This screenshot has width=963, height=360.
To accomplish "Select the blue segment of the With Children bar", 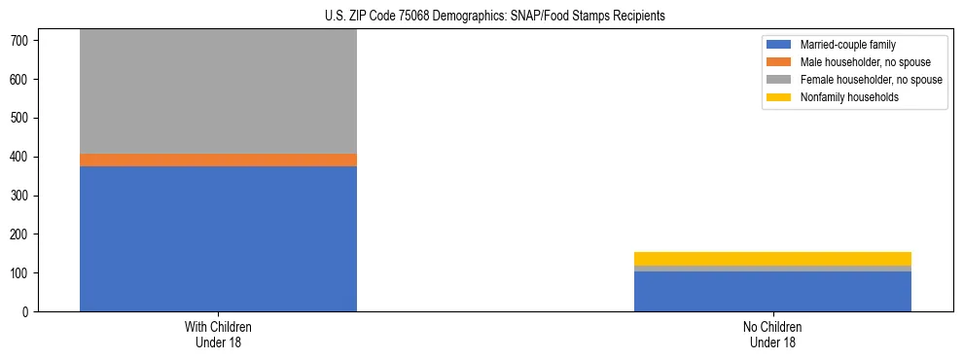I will tap(218, 238).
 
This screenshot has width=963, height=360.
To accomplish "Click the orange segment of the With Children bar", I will tap(218, 160).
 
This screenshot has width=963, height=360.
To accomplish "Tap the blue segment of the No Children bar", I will tap(772, 292).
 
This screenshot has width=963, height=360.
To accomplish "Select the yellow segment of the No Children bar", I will tap(772, 259).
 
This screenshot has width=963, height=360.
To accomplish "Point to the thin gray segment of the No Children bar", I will tap(772, 269).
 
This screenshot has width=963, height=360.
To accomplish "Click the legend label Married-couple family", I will tap(847, 45).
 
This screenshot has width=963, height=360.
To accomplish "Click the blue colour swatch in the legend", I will tap(779, 45).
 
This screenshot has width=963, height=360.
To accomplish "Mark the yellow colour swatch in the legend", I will tap(779, 97).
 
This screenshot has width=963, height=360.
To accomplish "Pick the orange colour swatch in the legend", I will tap(779, 62).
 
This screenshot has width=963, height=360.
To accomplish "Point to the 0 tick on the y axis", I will tap(29, 312).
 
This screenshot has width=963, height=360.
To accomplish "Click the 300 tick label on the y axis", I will tap(22, 196).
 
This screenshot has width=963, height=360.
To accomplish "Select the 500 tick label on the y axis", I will tap(22, 118).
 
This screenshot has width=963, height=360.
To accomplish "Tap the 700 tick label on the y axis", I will tap(22, 40).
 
